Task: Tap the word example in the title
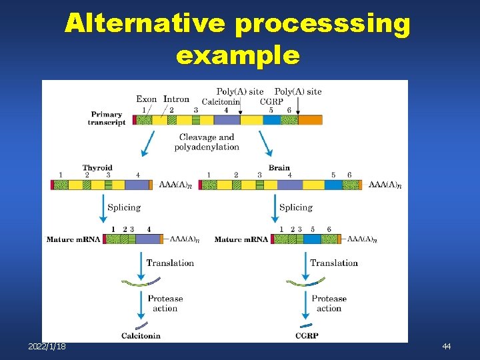pos(237,55)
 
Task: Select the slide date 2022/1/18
pos(47,347)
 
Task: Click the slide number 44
pos(446,347)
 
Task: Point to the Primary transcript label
pos(107,119)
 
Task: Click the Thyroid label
pos(97,168)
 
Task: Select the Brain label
pos(279,168)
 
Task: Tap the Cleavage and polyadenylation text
pos(207,142)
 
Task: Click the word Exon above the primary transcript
pos(147,99)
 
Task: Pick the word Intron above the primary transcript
pos(176,99)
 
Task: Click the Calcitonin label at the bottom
pos(141,335)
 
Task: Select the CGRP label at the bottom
pos(307,335)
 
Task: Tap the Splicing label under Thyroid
pos(124,207)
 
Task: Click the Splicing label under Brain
pos(296,207)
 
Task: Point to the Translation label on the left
pos(170,263)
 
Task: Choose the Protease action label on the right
pos(329,303)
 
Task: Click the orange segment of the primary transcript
pos(309,120)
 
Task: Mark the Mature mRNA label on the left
pos(73,239)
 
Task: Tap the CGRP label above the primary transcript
pos(272,101)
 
